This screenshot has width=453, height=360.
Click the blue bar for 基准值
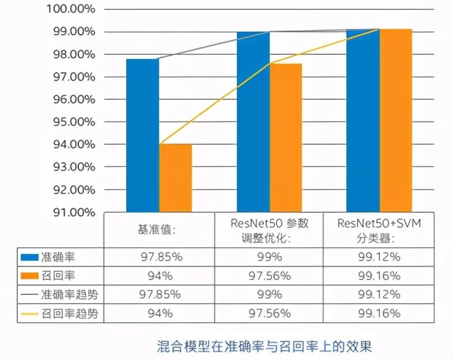(142, 135)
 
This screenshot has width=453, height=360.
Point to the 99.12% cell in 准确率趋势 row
(378, 294)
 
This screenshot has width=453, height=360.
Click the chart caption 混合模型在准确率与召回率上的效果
(265, 346)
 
